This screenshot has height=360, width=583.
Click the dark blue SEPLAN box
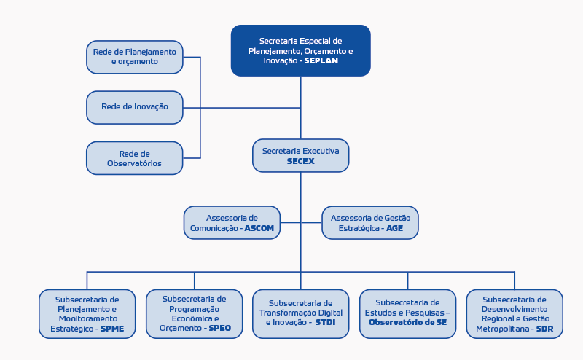tap(300, 50)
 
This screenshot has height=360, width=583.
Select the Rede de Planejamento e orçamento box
tap(135, 57)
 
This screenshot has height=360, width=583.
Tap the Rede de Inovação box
tap(135, 107)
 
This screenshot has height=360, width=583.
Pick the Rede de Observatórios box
tap(135, 158)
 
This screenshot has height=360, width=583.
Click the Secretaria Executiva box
tap(300, 155)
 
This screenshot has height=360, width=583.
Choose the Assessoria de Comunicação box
tap(232, 223)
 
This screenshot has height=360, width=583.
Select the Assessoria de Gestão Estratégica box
tap(370, 223)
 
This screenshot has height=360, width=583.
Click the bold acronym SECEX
tap(300, 161)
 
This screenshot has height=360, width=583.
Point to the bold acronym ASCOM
tap(259, 228)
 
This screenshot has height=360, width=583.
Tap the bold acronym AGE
tap(394, 228)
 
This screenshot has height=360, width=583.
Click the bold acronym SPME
tap(112, 329)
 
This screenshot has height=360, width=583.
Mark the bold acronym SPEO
tap(220, 328)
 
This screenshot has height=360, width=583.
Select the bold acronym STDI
tap(325, 322)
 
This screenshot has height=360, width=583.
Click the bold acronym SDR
tap(544, 329)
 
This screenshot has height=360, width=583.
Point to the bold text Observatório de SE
tap(407, 322)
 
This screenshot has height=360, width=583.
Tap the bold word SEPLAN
tap(321, 60)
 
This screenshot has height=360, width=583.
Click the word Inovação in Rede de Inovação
tap(152, 106)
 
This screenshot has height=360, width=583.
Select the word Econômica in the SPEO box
tap(192, 318)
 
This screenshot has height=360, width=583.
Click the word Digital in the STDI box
tap(328, 313)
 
